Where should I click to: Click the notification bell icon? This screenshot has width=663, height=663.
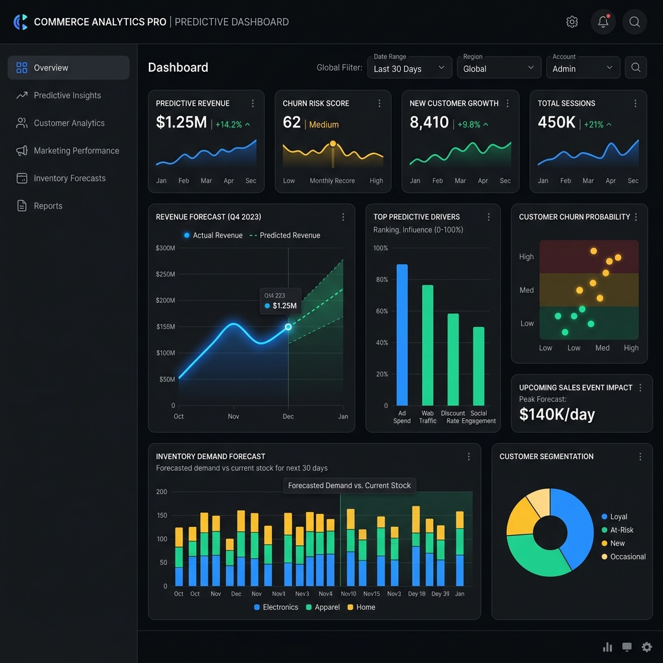click(603, 21)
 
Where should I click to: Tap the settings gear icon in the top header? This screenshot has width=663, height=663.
click(572, 21)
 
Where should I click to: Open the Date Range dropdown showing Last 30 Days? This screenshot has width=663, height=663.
click(409, 67)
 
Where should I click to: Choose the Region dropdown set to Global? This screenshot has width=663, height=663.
click(499, 67)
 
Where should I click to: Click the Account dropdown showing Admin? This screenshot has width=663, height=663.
click(583, 67)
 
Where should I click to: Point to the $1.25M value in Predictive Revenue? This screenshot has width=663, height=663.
click(181, 122)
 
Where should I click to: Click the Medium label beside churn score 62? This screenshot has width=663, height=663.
click(324, 125)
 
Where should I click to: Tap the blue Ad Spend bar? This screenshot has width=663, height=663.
click(402, 335)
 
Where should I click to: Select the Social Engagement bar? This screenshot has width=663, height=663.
click(478, 366)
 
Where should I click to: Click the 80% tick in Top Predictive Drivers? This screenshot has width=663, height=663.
click(382, 280)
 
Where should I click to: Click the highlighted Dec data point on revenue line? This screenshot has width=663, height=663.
click(288, 327)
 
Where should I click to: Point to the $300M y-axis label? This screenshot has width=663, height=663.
click(165, 248)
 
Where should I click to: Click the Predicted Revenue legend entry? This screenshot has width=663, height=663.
click(285, 236)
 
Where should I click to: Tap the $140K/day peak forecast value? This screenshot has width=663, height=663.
click(557, 414)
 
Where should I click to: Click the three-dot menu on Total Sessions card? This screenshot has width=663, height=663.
click(635, 104)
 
